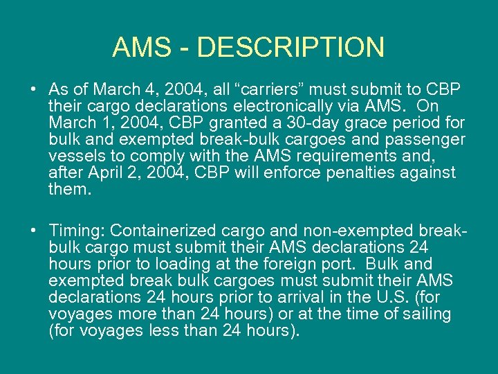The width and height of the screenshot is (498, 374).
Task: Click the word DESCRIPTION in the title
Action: click(290, 47)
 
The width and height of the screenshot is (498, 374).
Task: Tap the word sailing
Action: click(425, 314)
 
